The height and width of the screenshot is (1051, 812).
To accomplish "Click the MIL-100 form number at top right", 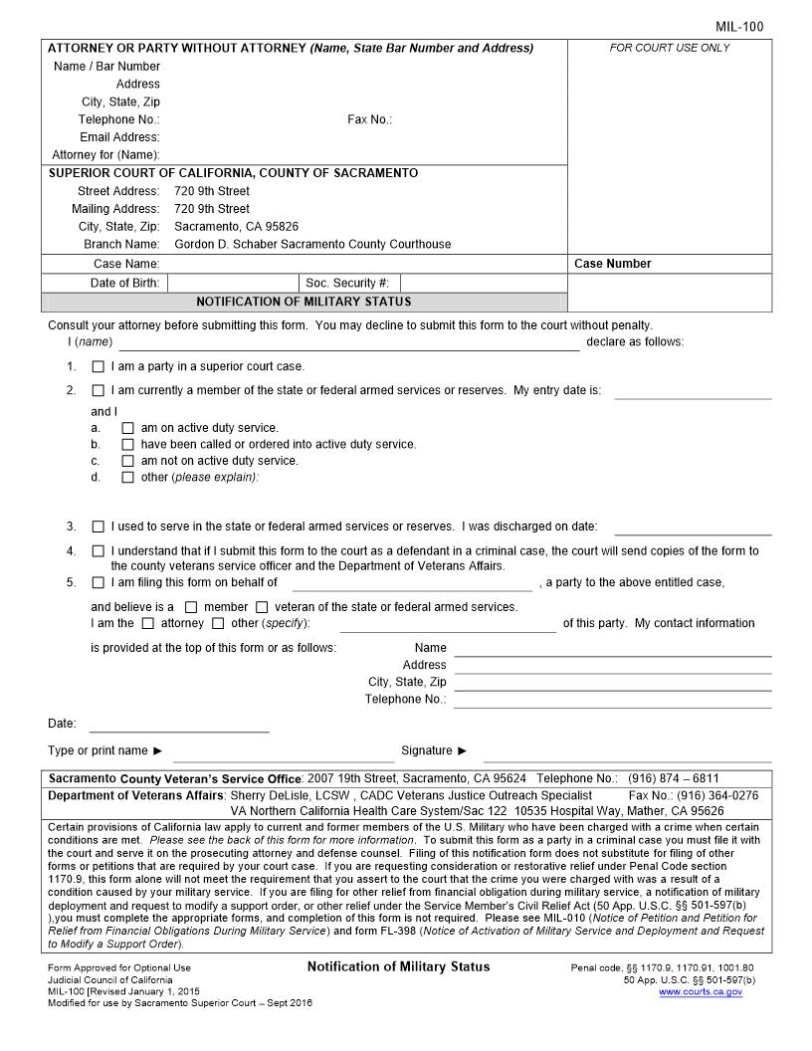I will click(739, 27).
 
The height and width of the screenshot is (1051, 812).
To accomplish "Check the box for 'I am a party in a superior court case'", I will click(98, 366).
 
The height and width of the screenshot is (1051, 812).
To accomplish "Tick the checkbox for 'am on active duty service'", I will click(127, 428).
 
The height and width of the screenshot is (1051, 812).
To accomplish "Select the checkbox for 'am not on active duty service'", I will click(127, 461).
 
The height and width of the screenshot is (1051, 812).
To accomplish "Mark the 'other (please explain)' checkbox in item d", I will click(127, 478).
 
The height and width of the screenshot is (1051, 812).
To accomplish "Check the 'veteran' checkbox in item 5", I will click(262, 607).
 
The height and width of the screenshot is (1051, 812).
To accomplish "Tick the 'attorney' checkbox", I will click(148, 624).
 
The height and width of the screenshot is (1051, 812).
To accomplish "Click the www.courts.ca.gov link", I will click(700, 992).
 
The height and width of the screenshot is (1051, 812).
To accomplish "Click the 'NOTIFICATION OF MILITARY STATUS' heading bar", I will click(304, 302).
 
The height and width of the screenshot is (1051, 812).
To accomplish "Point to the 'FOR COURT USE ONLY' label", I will click(669, 48).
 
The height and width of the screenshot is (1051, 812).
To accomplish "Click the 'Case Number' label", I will click(613, 264).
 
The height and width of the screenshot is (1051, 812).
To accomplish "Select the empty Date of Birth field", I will click(232, 284).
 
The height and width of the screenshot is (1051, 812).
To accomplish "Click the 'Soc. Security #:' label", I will click(347, 284).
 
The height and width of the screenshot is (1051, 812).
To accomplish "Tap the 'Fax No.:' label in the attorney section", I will click(369, 119).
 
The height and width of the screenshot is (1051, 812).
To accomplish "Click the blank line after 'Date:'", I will click(179, 725).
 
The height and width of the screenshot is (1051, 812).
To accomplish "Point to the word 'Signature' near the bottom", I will click(427, 750).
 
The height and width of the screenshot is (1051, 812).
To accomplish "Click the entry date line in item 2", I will click(693, 391).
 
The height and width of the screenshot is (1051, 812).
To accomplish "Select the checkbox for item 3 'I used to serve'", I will click(98, 526).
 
